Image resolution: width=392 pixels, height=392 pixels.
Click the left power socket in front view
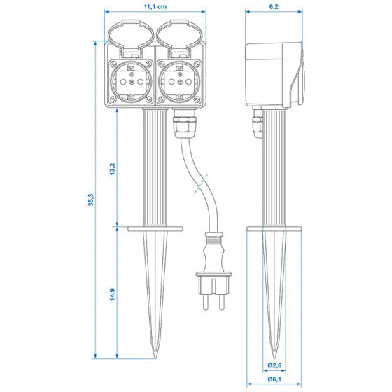point(130,80)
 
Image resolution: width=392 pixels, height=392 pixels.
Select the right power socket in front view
point(180,80)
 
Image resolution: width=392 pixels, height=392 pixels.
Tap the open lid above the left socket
point(131,38)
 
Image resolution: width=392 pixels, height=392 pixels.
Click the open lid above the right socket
point(180,38)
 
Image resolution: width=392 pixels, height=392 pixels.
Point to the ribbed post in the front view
point(154,168)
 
